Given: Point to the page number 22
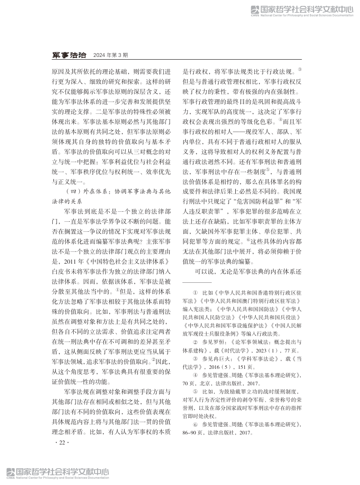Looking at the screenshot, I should click(61, 442).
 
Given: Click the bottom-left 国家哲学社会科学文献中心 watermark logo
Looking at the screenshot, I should click(58, 473).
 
